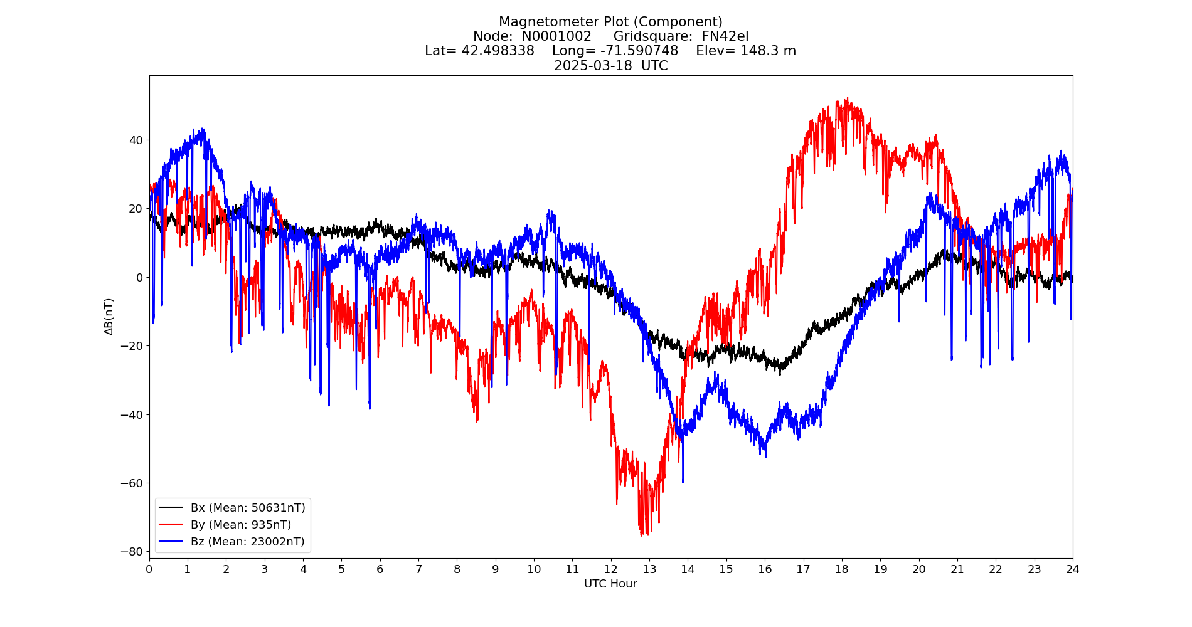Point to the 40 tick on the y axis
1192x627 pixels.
pyautogui.click(x=136, y=140)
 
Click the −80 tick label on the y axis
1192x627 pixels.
pyautogui.click(x=132, y=552)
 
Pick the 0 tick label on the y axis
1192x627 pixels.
pyautogui.click(x=139, y=278)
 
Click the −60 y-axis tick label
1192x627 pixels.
pyautogui.click(x=132, y=483)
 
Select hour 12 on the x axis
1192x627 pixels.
pyautogui.click(x=610, y=569)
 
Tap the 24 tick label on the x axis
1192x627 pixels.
pyautogui.click(x=1072, y=569)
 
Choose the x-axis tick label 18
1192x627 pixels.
pyautogui.click(x=841, y=569)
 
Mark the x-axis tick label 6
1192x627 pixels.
pyautogui.click(x=380, y=569)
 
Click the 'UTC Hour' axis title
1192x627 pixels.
pyautogui.click(x=610, y=584)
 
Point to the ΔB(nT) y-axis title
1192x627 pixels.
pyautogui.click(x=109, y=317)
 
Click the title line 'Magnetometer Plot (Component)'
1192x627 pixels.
pyautogui.click(x=610, y=23)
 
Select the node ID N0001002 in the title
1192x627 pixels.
pyautogui.click(x=556, y=37)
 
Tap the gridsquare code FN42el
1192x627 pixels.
pyautogui.click(x=725, y=37)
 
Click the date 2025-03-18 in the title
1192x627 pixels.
pyautogui.click(x=593, y=66)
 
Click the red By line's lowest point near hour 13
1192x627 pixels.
pyautogui.click(x=641, y=535)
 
